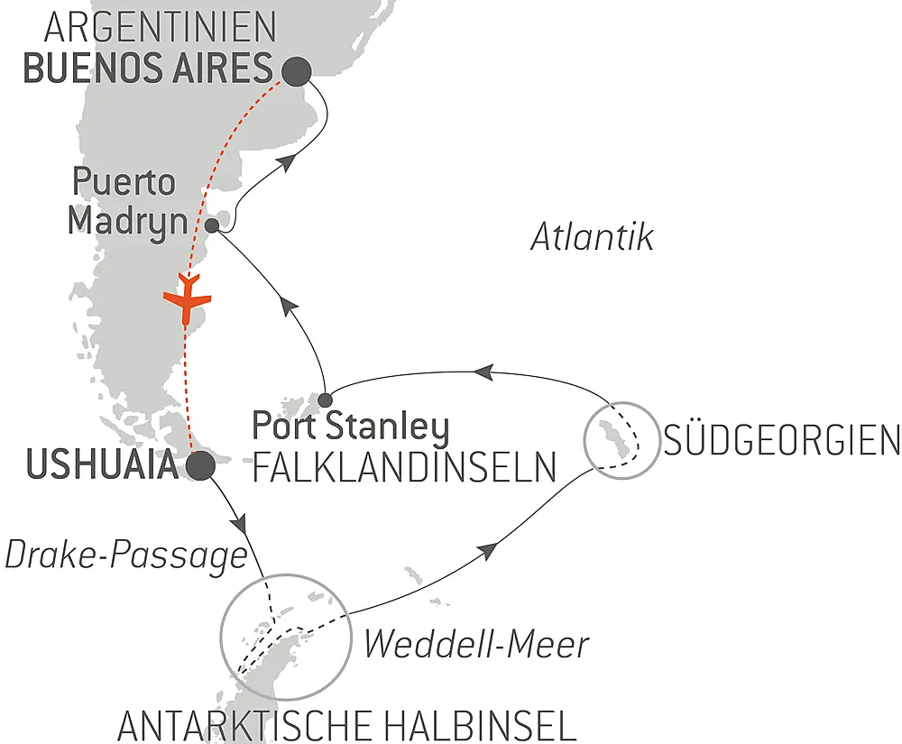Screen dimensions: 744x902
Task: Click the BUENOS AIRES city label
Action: (148, 69)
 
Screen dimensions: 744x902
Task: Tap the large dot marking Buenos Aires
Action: (297, 69)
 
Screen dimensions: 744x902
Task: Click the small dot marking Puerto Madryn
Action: (212, 225)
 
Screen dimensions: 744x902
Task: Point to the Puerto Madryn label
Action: (124, 201)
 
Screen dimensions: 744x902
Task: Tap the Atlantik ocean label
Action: (592, 238)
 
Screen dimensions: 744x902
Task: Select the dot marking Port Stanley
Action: (326, 399)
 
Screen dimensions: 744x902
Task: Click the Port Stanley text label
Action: (350, 427)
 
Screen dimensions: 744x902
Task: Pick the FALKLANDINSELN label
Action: (402, 467)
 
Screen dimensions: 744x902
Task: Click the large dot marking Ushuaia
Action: (199, 466)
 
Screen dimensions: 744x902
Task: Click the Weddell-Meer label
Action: (475, 644)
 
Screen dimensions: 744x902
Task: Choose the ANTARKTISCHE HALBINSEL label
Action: (346, 724)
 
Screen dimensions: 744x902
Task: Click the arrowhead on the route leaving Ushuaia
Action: (241, 522)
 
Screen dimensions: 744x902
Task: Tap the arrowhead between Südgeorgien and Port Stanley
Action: (483, 371)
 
